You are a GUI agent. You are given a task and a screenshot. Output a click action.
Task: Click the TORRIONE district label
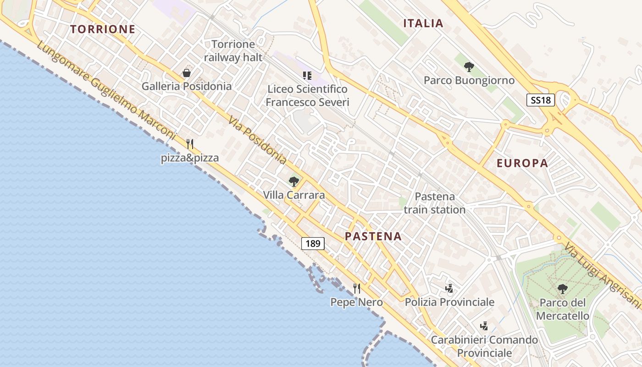tap(103, 29)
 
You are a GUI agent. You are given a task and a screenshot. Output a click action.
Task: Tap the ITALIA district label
tap(423, 23)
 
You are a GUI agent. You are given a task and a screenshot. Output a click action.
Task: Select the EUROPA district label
tap(522, 163)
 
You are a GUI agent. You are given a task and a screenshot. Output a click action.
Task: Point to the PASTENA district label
tap(373, 236)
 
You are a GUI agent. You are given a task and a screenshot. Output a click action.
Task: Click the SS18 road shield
tap(540, 100)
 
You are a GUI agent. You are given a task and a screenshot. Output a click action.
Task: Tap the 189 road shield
tap(313, 243)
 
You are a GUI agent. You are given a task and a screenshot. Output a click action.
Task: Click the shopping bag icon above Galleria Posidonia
tap(187, 73)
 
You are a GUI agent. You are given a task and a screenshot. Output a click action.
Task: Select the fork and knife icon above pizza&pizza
tap(190, 144)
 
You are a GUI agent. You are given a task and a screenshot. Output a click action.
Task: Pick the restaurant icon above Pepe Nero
tap(357, 288)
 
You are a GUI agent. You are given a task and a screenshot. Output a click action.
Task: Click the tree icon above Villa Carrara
tap(294, 182)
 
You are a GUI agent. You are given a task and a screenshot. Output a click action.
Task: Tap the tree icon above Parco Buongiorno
tap(469, 67)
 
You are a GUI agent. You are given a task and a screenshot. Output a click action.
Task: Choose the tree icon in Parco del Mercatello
tap(562, 289)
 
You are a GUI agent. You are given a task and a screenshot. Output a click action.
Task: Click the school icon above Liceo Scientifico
tap(307, 75)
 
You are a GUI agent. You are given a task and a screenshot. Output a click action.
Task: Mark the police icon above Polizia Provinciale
tap(449, 288)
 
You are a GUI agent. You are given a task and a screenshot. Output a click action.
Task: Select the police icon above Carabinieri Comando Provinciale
tap(484, 326)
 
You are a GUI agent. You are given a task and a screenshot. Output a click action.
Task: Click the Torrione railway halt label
tap(233, 50)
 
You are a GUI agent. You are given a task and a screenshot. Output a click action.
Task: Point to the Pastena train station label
tap(435, 203)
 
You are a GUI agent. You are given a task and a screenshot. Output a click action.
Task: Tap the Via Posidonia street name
tap(257, 139)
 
